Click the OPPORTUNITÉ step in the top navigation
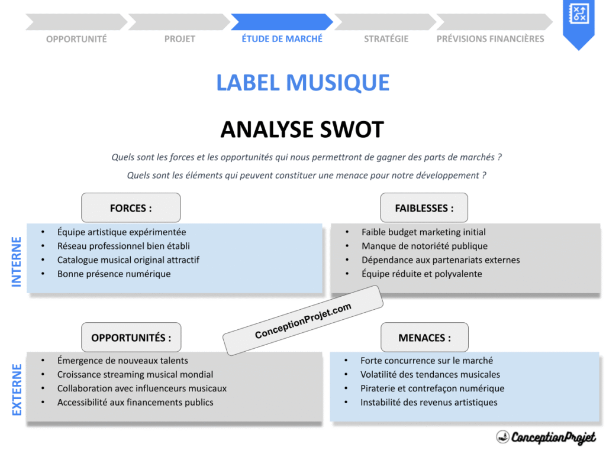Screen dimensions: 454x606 [76, 39]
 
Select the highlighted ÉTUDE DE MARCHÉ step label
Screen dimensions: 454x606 [282, 38]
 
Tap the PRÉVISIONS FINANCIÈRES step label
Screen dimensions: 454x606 [490, 39]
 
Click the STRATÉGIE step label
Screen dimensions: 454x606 [386, 39]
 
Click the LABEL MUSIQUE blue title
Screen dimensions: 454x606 [302, 83]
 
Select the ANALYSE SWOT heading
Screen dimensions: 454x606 [302, 129]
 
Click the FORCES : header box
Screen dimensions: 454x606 [131, 208]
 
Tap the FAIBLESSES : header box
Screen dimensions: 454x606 [424, 208]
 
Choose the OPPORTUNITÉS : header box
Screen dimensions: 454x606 [131, 338]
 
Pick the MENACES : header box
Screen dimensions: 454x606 [424, 338]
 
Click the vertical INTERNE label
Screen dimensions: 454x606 [17, 261]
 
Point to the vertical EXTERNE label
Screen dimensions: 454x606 [17, 390]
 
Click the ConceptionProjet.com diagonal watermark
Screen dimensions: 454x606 [303, 321]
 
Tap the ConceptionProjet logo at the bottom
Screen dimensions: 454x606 [546, 437]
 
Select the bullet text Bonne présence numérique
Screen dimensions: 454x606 [114, 274]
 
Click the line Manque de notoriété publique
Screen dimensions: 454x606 [424, 246]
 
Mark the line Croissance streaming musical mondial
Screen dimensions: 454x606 [135, 374]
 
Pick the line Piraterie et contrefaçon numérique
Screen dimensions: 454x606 [432, 388]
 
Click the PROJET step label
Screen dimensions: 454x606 [179, 39]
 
